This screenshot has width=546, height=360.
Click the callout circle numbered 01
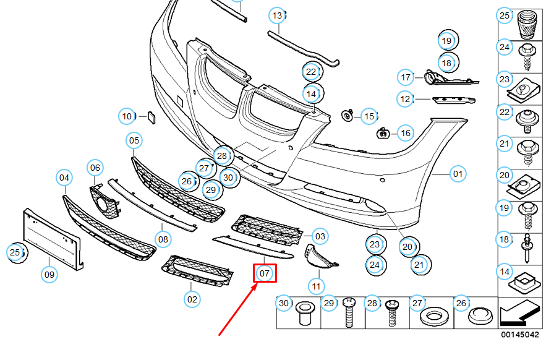pos(457,174)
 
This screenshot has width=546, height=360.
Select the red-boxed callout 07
pos(265,273)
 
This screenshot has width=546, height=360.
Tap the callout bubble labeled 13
pos(277,15)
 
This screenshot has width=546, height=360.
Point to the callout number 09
pos(49,273)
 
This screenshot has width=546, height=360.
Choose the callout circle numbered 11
pos(316,286)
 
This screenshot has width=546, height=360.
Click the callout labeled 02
pos(192,299)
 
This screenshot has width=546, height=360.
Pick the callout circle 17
pos(406,77)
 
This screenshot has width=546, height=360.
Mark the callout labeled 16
pos(405,133)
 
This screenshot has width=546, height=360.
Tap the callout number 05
pos(134,141)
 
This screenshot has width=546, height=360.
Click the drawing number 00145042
pos(520,335)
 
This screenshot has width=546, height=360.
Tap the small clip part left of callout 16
pos(383,132)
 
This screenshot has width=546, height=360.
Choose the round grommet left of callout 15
pos(348,116)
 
